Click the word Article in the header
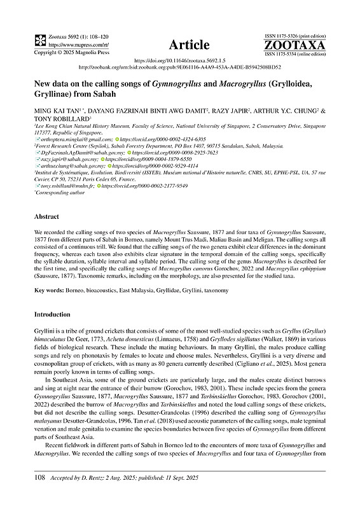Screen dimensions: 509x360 [x=189, y=45]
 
